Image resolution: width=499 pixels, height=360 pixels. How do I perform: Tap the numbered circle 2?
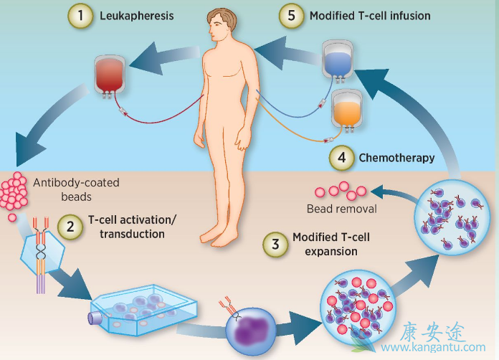pyautogui.click(x=70, y=227)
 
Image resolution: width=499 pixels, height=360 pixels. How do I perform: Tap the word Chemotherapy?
pyautogui.click(x=396, y=158)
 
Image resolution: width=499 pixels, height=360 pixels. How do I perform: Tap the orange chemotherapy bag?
pyautogui.click(x=348, y=110)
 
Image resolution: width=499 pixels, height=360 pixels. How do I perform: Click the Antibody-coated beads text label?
pyautogui.click(x=75, y=189)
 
